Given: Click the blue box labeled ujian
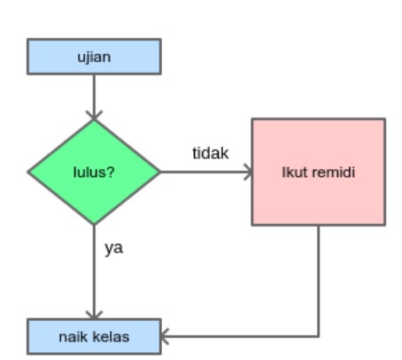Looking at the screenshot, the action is tap(94, 57).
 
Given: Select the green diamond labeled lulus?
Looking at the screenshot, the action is tap(94, 172).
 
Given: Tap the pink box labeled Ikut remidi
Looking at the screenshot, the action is tap(319, 172).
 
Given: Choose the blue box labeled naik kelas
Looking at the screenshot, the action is tap(94, 336).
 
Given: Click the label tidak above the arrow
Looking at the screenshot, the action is tap(211, 153).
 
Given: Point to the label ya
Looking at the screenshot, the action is tap(113, 248).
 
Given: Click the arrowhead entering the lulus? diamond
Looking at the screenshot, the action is tap(94, 115).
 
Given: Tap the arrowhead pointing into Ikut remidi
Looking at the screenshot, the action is tap(248, 172).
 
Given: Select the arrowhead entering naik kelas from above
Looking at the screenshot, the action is tap(94, 315).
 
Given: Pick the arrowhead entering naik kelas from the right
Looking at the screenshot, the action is tap(165, 336).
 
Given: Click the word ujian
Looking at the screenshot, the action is tap(94, 57).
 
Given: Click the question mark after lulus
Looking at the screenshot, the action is tap(111, 172).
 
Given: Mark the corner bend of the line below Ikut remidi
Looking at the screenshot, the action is tap(319, 336).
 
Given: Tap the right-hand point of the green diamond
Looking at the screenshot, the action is tap(160, 172).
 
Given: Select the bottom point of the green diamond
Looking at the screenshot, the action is tap(94, 225).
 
